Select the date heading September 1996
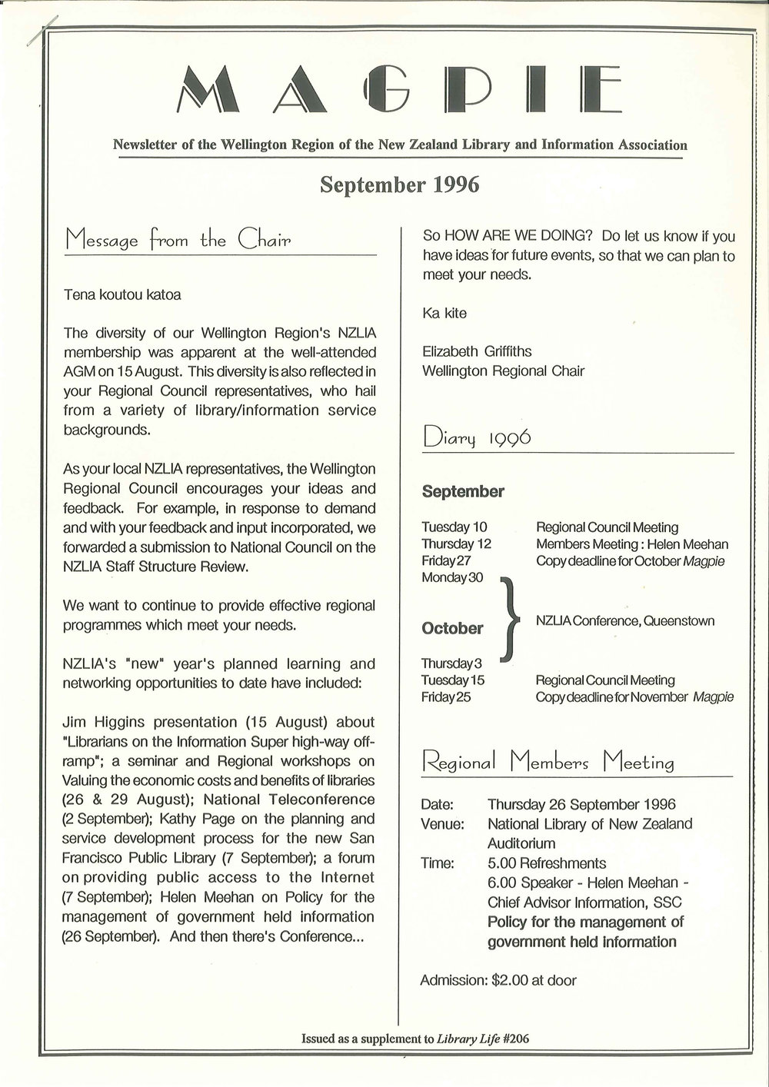pos(399,185)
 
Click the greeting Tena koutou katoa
pos(122,294)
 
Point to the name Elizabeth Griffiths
pos(477,351)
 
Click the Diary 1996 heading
pos(477,438)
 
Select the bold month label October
pos(452,628)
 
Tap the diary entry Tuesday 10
pos(454,527)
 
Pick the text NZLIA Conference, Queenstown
pos(625,620)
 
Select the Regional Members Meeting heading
pos(548,763)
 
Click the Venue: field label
pos(442,824)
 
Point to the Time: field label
pos(438,863)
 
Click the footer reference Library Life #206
pos(483,1039)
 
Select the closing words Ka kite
pos(444,313)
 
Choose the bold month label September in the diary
pos(463,491)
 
